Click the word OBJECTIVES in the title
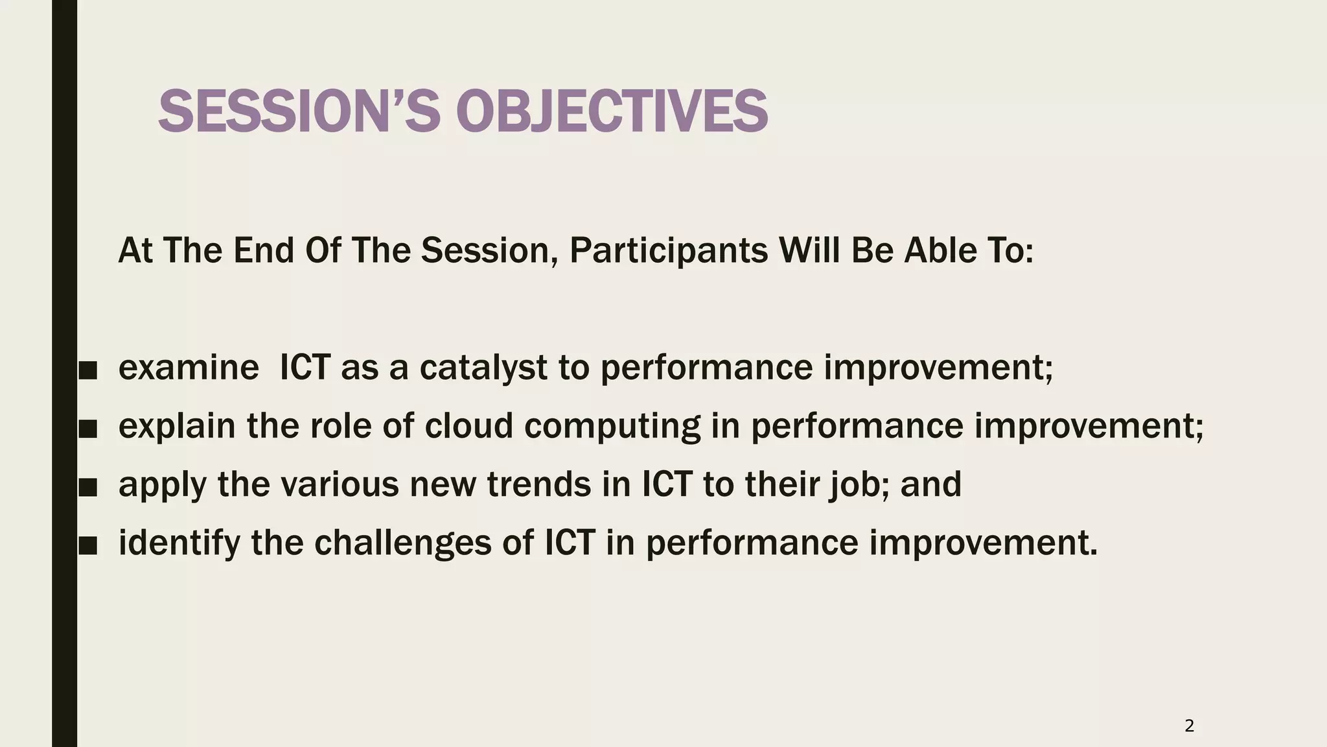click(x=612, y=112)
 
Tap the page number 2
click(x=1189, y=726)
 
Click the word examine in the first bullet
click(x=189, y=368)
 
